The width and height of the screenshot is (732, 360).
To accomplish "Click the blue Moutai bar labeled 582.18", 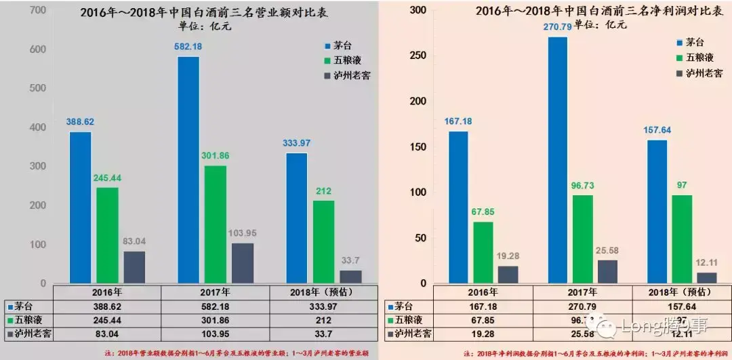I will pyautogui.click(x=188, y=169).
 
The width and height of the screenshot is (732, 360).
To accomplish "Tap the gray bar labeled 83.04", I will pyautogui.click(x=134, y=267).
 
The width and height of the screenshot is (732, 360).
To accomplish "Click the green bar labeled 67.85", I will pyautogui.click(x=483, y=252).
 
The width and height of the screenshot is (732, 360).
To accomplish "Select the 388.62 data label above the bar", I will pyautogui.click(x=80, y=122).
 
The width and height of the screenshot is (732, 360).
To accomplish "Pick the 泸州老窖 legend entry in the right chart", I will pyautogui.click(x=704, y=73).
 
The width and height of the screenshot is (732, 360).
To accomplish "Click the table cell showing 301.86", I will pyautogui.click(x=215, y=319).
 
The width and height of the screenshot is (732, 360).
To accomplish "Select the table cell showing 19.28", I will pyautogui.click(x=483, y=334).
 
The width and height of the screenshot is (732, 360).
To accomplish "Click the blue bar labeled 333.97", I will pyautogui.click(x=297, y=218).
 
